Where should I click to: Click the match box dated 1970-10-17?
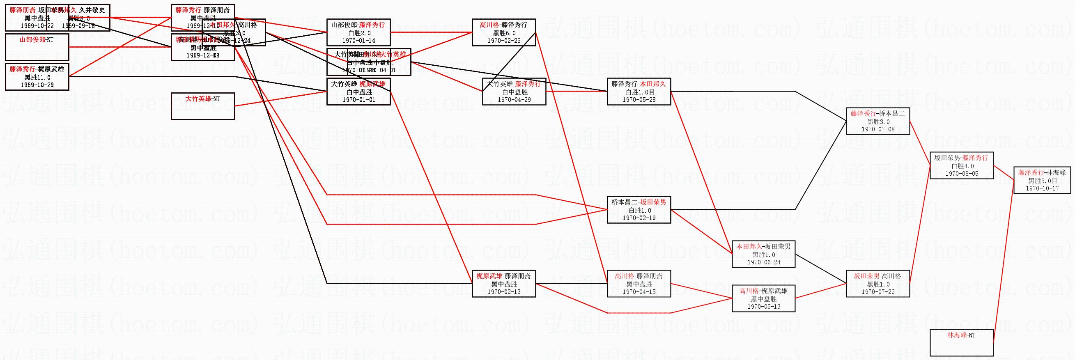point(1042,180)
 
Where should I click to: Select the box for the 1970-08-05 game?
point(962,165)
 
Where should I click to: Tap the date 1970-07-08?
point(877,129)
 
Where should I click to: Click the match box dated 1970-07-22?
point(877,284)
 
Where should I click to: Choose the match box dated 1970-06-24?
point(763,254)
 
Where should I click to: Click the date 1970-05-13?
point(763,306)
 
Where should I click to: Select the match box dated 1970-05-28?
point(639,92)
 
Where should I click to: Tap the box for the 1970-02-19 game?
point(639,210)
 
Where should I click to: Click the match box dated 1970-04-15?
point(639,284)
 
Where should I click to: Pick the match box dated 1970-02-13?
point(504,284)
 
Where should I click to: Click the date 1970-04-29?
point(514,100)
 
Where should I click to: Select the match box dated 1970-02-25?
point(504,32)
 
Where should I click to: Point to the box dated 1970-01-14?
point(358,32)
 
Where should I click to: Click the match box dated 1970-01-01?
point(358,92)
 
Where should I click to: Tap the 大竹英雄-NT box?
point(203,106)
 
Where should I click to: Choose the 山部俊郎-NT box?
point(37,47)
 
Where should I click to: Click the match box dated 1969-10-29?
point(37,77)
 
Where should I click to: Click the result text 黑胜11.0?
point(37,77)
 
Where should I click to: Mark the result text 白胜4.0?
point(962,166)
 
